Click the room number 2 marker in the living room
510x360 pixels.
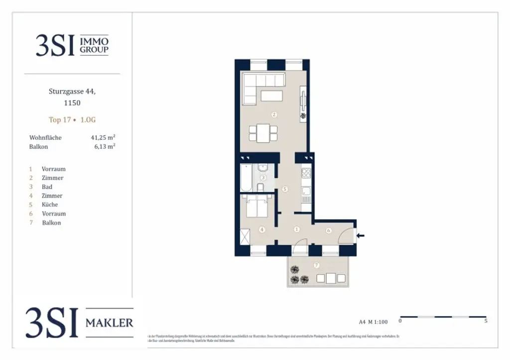tap(274, 115)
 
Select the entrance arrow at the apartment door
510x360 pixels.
tap(361, 236)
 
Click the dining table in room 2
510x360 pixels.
tap(263, 133)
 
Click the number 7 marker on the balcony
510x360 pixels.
tap(317, 265)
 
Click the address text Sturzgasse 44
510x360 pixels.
tap(72, 91)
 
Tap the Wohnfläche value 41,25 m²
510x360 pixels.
tap(103, 137)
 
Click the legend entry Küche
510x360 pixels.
tap(50, 205)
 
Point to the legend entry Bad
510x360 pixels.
tap(47, 187)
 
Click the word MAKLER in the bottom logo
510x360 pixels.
tap(109, 323)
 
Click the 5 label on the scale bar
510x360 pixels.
tap(486, 321)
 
